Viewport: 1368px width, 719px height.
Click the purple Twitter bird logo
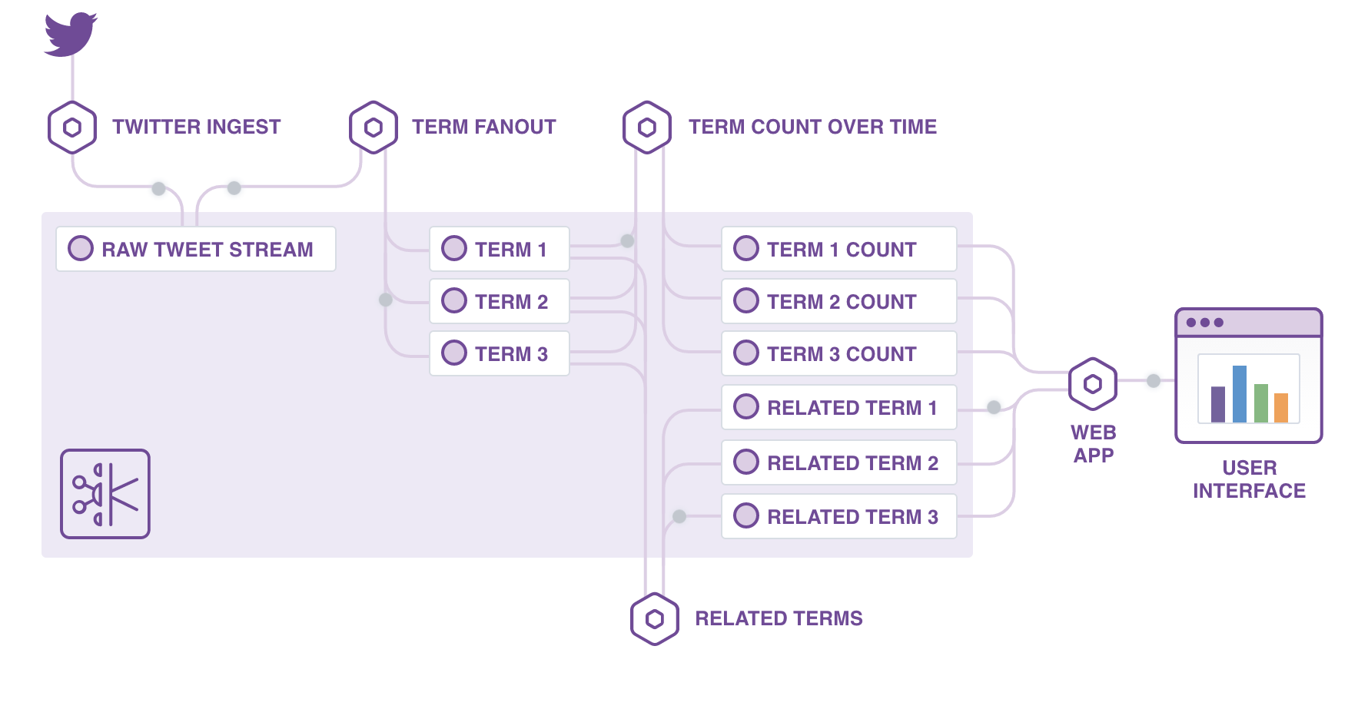(70, 35)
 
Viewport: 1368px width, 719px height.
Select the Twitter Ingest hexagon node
(72, 128)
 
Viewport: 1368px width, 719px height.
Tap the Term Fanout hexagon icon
(374, 128)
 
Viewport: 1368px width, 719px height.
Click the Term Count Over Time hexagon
(647, 128)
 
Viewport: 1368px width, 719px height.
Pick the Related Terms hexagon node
(655, 619)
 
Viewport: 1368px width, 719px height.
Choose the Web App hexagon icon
(1093, 383)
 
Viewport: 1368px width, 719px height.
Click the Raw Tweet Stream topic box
(196, 249)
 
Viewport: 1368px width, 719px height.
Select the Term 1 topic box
(500, 249)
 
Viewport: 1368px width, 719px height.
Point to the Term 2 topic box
(500, 301)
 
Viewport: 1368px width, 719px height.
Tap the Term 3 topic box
(500, 353)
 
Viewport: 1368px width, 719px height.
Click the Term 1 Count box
(839, 249)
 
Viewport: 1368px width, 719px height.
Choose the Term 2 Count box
(839, 301)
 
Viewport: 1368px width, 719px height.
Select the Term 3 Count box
(839, 353)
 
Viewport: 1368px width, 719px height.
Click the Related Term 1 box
(839, 407)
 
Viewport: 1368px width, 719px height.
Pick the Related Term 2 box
(839, 462)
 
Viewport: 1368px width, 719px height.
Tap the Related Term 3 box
(839, 516)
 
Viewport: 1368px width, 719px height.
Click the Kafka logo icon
(105, 494)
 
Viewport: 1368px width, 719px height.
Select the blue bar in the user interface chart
(1240, 394)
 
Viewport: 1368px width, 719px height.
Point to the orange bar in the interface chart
(1281, 408)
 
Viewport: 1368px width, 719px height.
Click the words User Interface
(1249, 479)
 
